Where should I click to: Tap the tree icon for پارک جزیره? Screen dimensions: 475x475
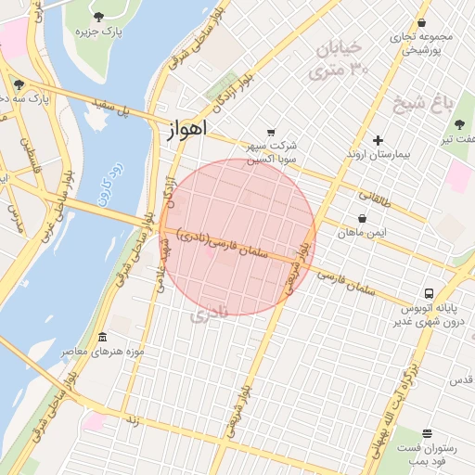coord(99,17)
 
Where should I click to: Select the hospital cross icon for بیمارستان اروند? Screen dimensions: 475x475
coord(378,140)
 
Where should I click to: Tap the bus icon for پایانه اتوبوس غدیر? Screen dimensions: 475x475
coord(428,292)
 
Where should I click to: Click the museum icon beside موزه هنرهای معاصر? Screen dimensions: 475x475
coord(102,336)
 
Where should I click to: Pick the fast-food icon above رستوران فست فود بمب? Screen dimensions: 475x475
coord(427,433)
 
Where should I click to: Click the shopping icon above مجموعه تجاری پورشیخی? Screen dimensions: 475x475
coord(422,23)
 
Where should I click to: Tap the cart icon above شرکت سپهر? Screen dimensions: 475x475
coord(271,132)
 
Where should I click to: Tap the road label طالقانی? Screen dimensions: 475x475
coord(376,198)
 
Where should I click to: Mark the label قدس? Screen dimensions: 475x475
coord(461,380)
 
